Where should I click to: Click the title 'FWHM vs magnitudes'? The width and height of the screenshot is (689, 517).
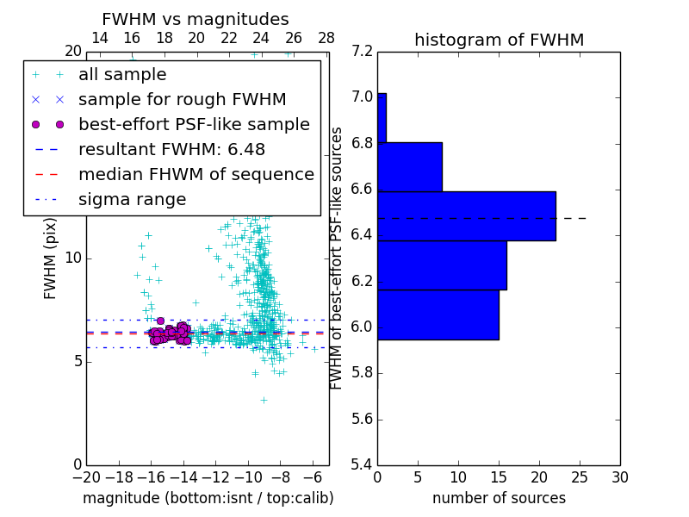click(x=195, y=19)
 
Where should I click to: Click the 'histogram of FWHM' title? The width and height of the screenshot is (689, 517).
click(x=499, y=40)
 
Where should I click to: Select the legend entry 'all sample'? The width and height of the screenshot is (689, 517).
click(x=122, y=75)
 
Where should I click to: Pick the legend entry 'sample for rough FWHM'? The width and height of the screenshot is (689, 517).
click(x=182, y=99)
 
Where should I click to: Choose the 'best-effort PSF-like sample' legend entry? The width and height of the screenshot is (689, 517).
click(x=194, y=124)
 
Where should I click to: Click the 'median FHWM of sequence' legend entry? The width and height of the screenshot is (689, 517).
click(x=196, y=174)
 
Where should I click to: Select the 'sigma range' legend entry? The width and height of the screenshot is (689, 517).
click(x=132, y=199)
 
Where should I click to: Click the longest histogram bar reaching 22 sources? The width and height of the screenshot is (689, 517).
click(x=466, y=215)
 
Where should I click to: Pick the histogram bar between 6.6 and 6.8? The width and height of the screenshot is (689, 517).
click(x=409, y=166)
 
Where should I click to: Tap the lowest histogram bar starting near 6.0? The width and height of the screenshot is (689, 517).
click(x=438, y=315)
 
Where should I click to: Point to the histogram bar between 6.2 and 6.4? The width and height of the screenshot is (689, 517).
click(x=442, y=265)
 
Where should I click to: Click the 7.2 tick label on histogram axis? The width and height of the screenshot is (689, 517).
click(x=362, y=51)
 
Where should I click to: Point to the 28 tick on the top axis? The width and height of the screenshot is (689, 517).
click(x=326, y=38)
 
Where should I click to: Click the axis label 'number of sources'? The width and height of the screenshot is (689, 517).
click(x=499, y=498)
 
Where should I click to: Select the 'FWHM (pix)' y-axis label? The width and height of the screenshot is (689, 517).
click(x=51, y=258)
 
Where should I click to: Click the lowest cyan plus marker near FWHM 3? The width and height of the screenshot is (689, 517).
click(x=264, y=400)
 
